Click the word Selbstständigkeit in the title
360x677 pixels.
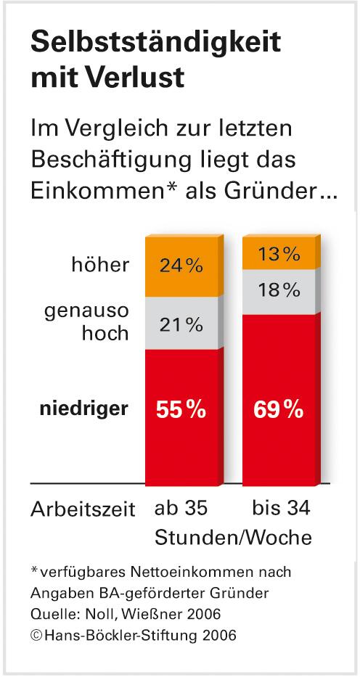point(154,43)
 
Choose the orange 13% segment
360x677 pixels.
point(279,253)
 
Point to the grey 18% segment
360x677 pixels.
point(279,292)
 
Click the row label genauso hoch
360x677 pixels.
point(86,323)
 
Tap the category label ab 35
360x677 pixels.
point(181,509)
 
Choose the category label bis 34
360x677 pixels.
point(279,508)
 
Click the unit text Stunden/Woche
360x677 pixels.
point(232,538)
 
